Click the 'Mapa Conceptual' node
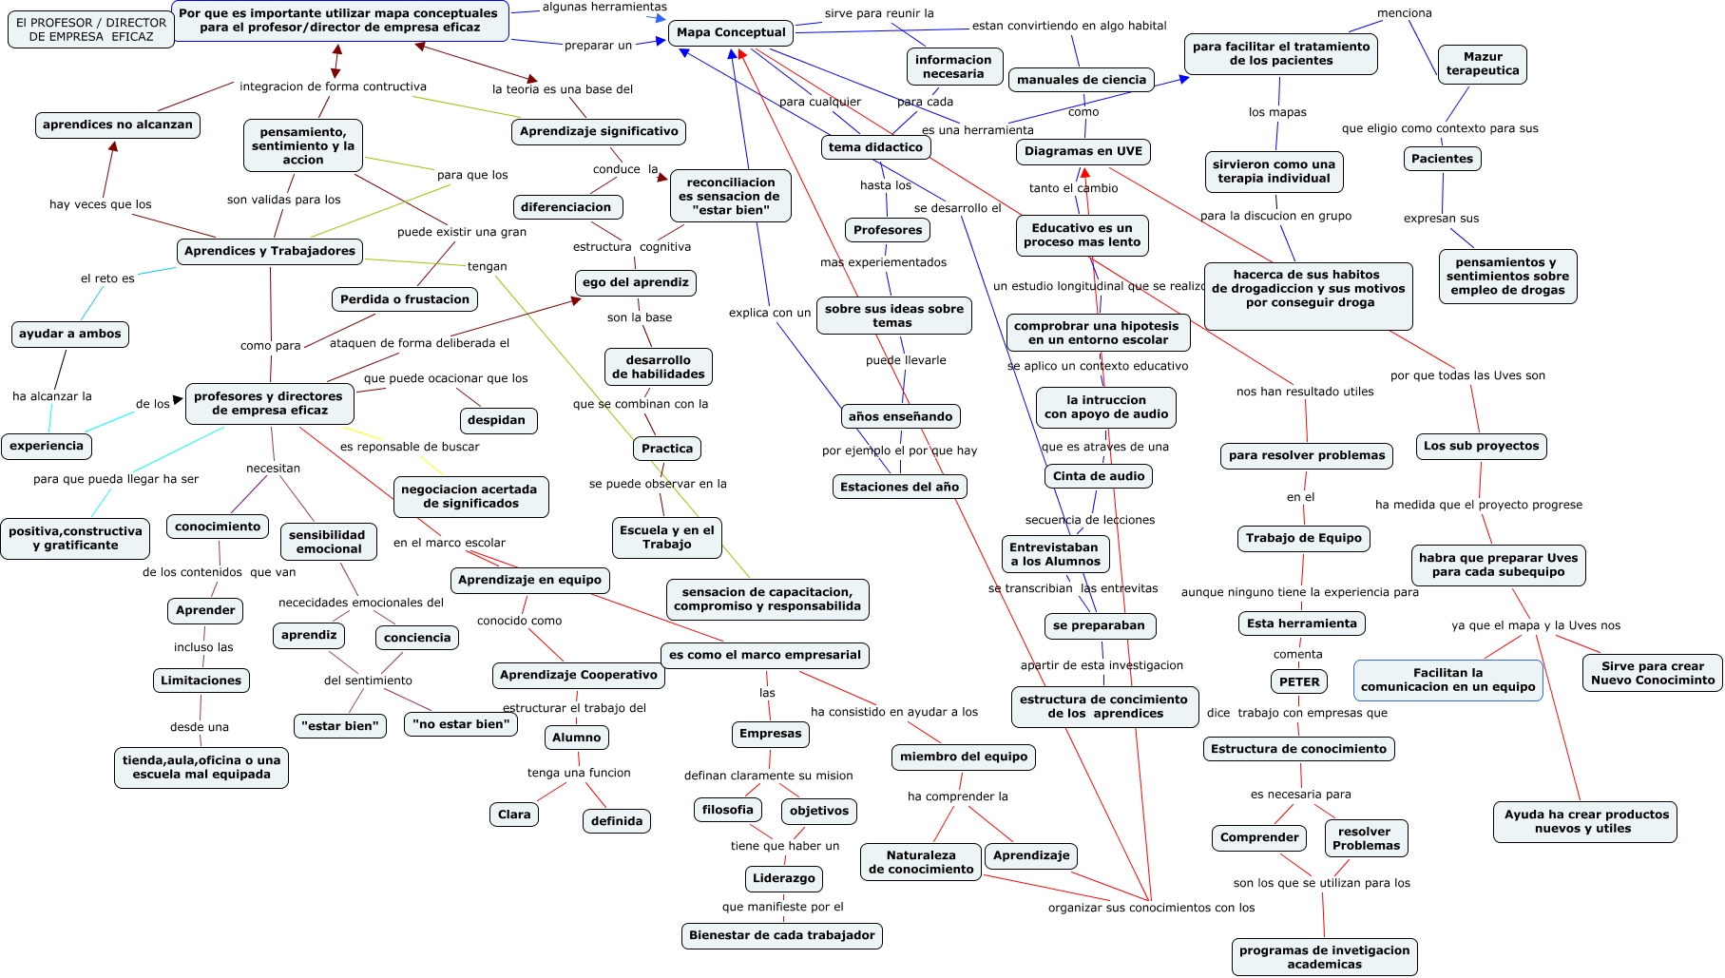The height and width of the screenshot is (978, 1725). pyautogui.click(x=731, y=32)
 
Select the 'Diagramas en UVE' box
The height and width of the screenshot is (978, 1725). pyautogui.click(x=1083, y=151)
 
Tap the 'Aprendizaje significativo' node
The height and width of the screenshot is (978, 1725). pyautogui.click(x=599, y=132)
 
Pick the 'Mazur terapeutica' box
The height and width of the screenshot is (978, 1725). pyautogui.click(x=1483, y=64)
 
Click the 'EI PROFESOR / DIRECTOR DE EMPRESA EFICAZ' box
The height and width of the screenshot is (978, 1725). pyautogui.click(x=91, y=29)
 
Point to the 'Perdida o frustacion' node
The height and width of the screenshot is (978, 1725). pyautogui.click(x=405, y=299)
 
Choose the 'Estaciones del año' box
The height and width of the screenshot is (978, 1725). pyautogui.click(x=899, y=487)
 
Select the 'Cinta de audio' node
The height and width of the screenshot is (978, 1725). pyautogui.click(x=1099, y=476)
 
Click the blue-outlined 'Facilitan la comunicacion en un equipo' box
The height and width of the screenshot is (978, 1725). pyautogui.click(x=1447, y=680)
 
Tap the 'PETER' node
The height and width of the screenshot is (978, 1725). pyautogui.click(x=1298, y=681)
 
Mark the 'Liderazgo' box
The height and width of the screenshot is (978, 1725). pyautogui.click(x=784, y=878)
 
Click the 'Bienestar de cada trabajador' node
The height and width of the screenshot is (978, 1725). pyautogui.click(x=782, y=935)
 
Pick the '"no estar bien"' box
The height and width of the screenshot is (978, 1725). pyautogui.click(x=461, y=724)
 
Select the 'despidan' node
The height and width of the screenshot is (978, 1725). pyautogui.click(x=496, y=420)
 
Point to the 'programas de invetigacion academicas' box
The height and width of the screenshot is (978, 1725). pyautogui.click(x=1324, y=957)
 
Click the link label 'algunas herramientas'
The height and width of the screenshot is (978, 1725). pyautogui.click(x=604, y=8)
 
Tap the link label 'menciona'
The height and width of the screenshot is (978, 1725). pyautogui.click(x=1404, y=13)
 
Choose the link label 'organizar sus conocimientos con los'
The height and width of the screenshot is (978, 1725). pyautogui.click(x=1151, y=908)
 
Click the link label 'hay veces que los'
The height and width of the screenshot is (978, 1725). pyautogui.click(x=101, y=204)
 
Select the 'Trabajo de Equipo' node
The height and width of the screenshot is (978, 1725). pyautogui.click(x=1303, y=538)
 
